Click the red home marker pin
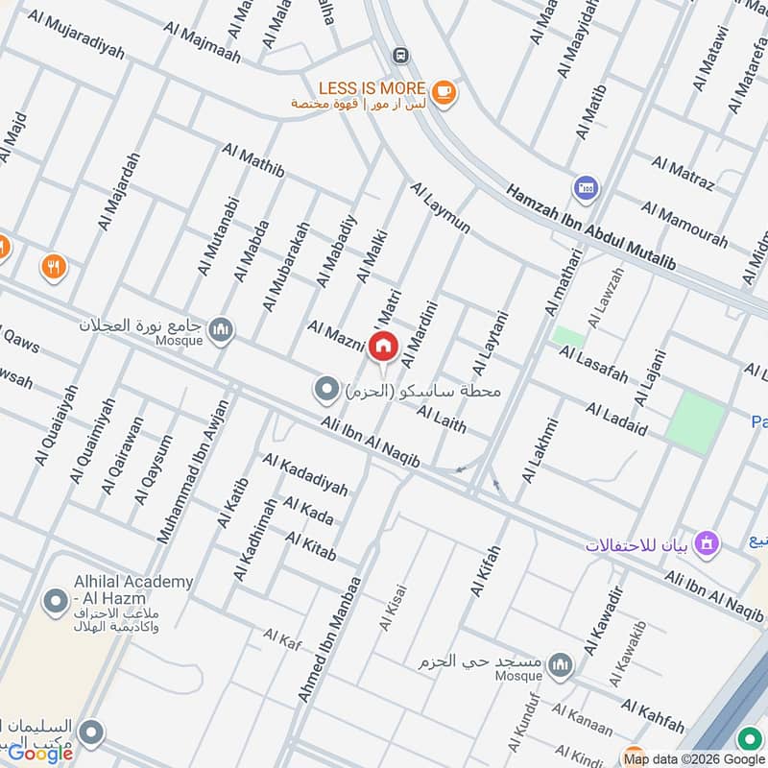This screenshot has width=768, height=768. coord(383,346)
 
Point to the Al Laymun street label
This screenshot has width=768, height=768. coord(441,207)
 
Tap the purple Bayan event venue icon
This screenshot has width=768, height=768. coord(708,543)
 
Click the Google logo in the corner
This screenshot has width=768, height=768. coord(40,753)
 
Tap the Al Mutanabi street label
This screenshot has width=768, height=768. coord(217,236)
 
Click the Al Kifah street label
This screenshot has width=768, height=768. coord(487,571)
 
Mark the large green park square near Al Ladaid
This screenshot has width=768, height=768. coord(695,420)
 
